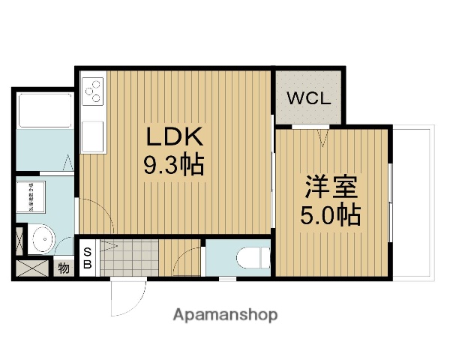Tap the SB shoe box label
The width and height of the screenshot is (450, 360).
point(87,258)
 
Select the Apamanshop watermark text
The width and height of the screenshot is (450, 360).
point(225,314)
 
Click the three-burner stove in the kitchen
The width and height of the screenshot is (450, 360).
point(94,93)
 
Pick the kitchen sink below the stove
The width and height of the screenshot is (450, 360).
point(93,136)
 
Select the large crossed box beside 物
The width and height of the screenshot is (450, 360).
point(31,268)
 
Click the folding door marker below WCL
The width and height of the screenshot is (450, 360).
point(323,136)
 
